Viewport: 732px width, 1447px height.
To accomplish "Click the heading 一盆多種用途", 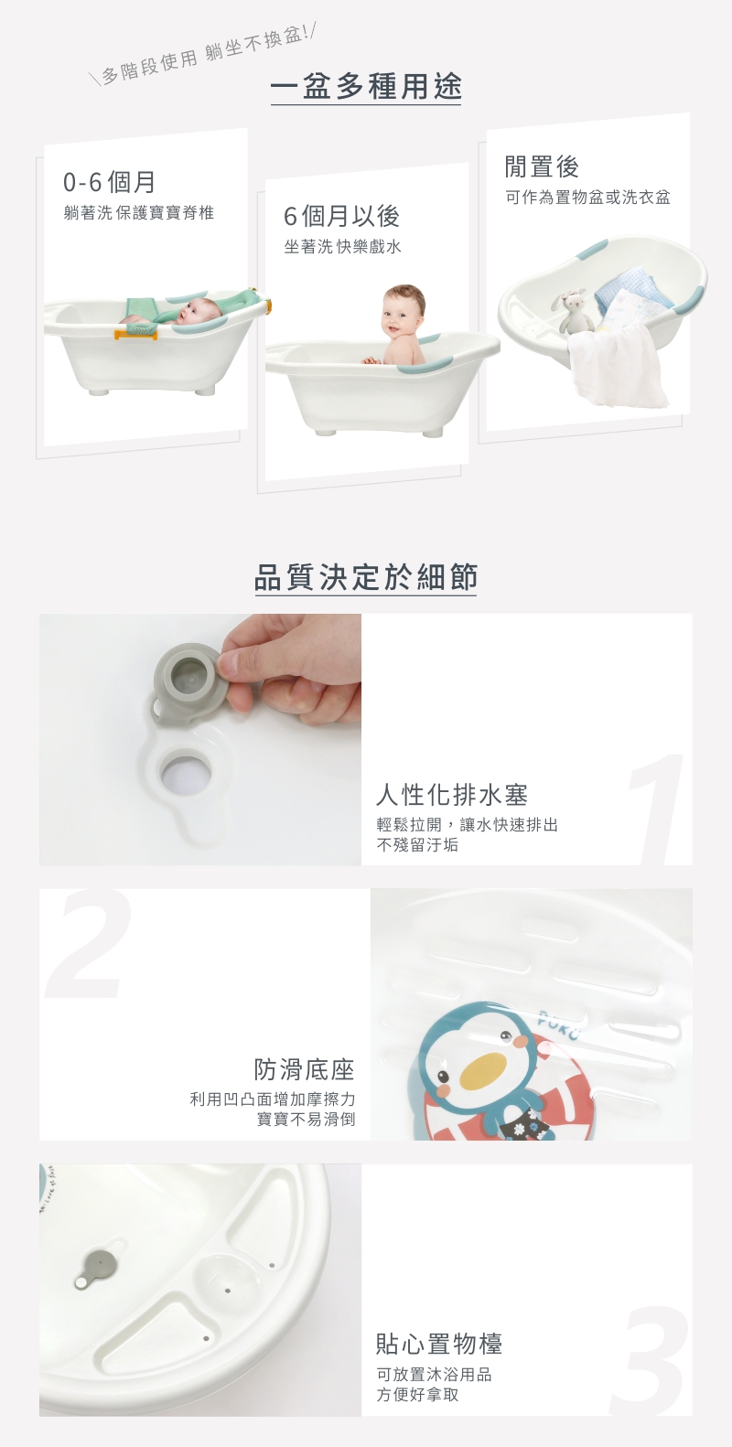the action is (x=366, y=87).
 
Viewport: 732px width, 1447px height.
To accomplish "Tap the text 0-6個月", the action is (x=109, y=182).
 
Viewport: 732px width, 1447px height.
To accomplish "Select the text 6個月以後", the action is (x=342, y=217).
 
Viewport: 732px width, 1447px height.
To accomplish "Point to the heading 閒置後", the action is (x=542, y=166).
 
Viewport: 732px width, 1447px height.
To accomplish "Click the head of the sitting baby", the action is (x=404, y=310).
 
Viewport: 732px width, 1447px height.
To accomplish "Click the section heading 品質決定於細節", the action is (x=366, y=577).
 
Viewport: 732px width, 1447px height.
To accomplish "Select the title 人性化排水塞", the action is (x=452, y=795).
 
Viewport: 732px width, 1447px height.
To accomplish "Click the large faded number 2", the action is (x=89, y=944).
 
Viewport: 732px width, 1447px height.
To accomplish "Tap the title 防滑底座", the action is (x=305, y=1070).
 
